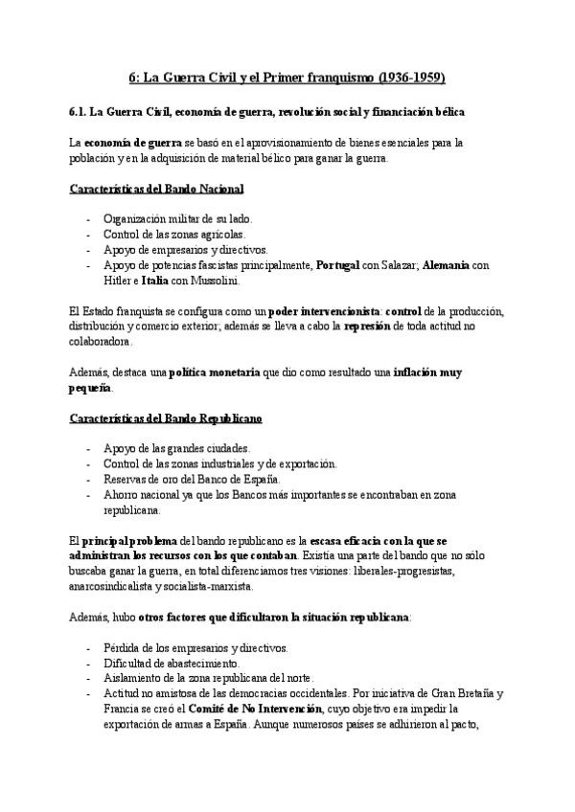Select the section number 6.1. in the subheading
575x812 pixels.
[x=80, y=112]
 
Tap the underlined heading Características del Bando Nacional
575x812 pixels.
[x=157, y=189]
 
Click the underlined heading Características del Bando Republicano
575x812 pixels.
[x=166, y=419]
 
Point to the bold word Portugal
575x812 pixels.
[x=342, y=266]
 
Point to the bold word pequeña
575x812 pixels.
[x=91, y=389]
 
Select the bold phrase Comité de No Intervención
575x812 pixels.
[x=252, y=710]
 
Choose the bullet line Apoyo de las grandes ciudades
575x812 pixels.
[x=170, y=449]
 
